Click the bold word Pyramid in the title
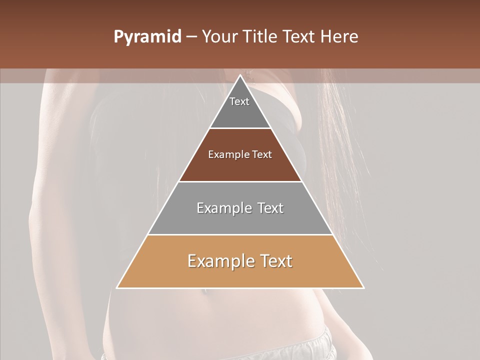click(x=147, y=37)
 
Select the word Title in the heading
click(x=261, y=37)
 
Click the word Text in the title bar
click(x=299, y=37)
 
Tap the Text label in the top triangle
click(x=239, y=101)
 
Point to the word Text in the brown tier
click(x=262, y=154)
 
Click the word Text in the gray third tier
click(x=270, y=208)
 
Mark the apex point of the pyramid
click(x=240, y=75)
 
